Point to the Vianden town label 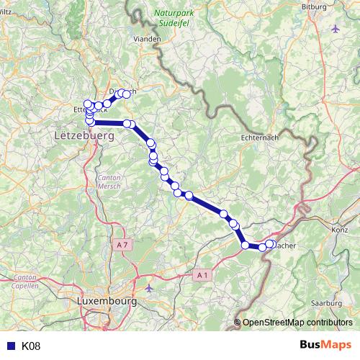coord(147,38)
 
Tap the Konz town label coord(339,229)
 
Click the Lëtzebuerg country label coord(85,135)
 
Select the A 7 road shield coord(124,245)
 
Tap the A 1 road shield coord(203,274)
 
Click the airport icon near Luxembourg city coord(148,288)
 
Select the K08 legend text coord(31,346)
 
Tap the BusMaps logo coord(325,346)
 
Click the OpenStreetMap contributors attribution coord(297,323)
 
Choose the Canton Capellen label coord(24,281)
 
